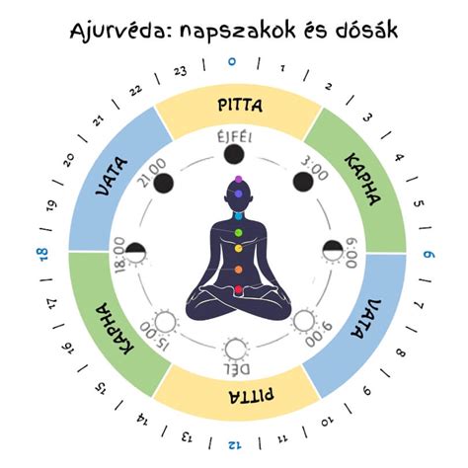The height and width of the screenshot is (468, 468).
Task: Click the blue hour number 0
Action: [232, 61]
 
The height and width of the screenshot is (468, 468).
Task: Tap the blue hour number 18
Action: [42, 255]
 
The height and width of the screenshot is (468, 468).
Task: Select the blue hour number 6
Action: [429, 255]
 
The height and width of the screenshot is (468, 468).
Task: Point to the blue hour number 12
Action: [234, 445]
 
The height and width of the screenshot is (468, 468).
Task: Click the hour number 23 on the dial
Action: [181, 71]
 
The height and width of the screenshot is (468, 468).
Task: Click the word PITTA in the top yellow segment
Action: [240, 106]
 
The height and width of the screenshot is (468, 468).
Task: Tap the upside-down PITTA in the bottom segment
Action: [251, 396]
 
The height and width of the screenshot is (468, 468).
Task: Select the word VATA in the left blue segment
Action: [112, 177]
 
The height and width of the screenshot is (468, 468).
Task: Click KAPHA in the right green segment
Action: [363, 180]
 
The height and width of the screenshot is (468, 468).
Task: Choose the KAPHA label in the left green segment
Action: [115, 329]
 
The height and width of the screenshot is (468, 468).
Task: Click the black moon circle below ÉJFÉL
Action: [234, 154]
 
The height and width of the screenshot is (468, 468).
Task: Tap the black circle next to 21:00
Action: [163, 184]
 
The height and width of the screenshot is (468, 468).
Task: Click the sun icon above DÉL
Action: [236, 350]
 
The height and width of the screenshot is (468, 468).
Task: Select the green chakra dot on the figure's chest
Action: [239, 233]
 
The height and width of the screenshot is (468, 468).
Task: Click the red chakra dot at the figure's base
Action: [239, 289]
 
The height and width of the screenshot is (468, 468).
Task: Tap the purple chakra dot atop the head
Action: [239, 180]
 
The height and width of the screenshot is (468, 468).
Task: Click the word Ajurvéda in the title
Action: [121, 31]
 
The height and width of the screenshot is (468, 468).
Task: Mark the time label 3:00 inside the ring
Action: [315, 169]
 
